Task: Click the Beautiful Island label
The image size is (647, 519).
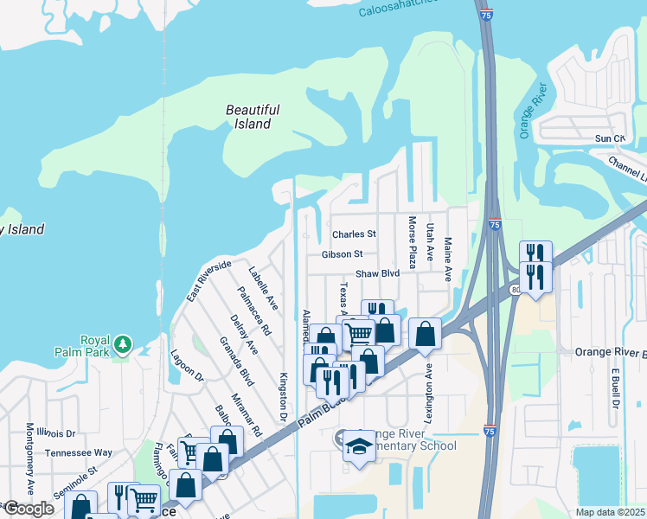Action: point(253,117)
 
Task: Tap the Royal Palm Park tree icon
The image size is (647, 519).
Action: point(124,344)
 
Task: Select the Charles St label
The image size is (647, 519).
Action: point(355,234)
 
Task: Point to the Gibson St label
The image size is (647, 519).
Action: point(342,254)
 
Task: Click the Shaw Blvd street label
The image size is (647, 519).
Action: point(378,273)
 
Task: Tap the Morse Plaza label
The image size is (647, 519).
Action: point(412,242)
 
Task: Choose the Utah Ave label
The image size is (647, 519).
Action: point(430,241)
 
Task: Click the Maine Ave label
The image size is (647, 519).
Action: point(448,259)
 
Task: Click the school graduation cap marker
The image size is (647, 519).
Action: point(359,447)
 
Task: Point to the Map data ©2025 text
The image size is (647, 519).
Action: point(611,512)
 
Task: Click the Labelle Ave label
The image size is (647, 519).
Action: point(263,288)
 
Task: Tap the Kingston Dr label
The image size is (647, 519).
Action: point(282,397)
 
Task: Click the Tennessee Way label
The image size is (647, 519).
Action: point(79,452)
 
